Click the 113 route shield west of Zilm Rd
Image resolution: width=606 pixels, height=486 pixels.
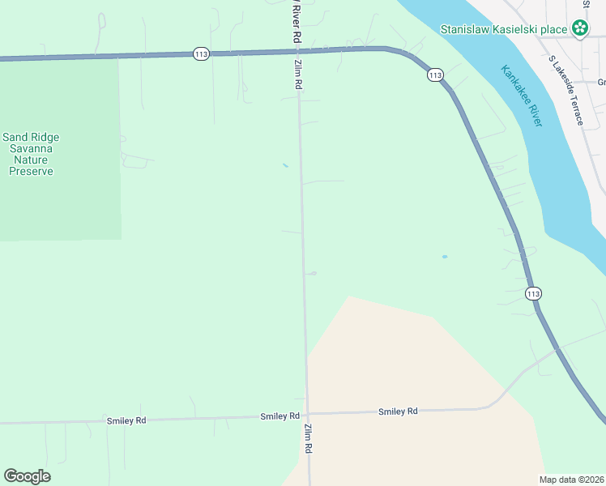coord(202,53)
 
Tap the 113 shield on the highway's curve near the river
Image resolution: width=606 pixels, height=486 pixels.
coord(435,75)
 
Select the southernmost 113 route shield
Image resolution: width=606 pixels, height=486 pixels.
coord(531,292)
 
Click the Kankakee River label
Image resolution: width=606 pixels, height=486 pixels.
coord(521,96)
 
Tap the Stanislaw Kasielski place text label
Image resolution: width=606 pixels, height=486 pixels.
coord(503,29)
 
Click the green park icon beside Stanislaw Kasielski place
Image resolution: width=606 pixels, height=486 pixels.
coord(580,29)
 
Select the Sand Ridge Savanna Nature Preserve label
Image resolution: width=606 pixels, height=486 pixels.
coord(31,154)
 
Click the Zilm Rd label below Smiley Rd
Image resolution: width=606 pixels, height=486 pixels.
coord(309,438)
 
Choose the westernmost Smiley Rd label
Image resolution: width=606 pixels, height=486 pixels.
coord(126,420)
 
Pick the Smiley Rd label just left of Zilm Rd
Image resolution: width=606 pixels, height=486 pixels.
coord(280,416)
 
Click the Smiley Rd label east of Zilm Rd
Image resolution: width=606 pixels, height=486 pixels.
coord(398,411)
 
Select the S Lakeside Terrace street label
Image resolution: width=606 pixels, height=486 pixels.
coord(566,90)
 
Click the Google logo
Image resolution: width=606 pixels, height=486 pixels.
coord(27,476)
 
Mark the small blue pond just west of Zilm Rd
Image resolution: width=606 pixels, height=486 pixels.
coord(285,166)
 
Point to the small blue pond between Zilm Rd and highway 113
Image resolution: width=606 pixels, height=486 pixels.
coord(445,257)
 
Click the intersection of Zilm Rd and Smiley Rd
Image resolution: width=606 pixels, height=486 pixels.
coord(307,414)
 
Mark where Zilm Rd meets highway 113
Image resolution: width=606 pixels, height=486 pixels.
coord(297,50)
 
